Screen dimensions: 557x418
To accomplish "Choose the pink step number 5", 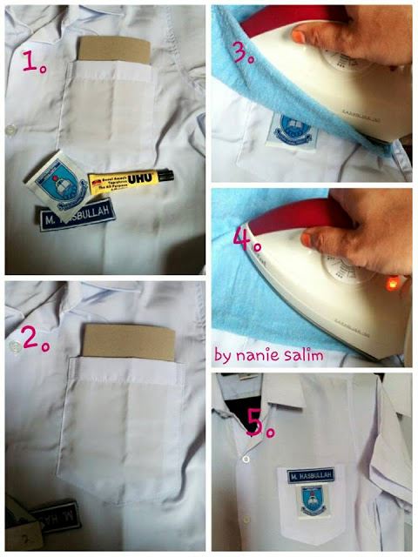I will pyautogui.click(x=257, y=423).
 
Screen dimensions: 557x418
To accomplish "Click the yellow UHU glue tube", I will pyautogui.click(x=126, y=181).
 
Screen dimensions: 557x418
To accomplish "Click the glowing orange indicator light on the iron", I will pyautogui.click(x=392, y=282).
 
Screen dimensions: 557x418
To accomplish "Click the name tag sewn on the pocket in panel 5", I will pyautogui.click(x=312, y=474).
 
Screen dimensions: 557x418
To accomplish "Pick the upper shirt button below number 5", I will pyautogui.click(x=246, y=458).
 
